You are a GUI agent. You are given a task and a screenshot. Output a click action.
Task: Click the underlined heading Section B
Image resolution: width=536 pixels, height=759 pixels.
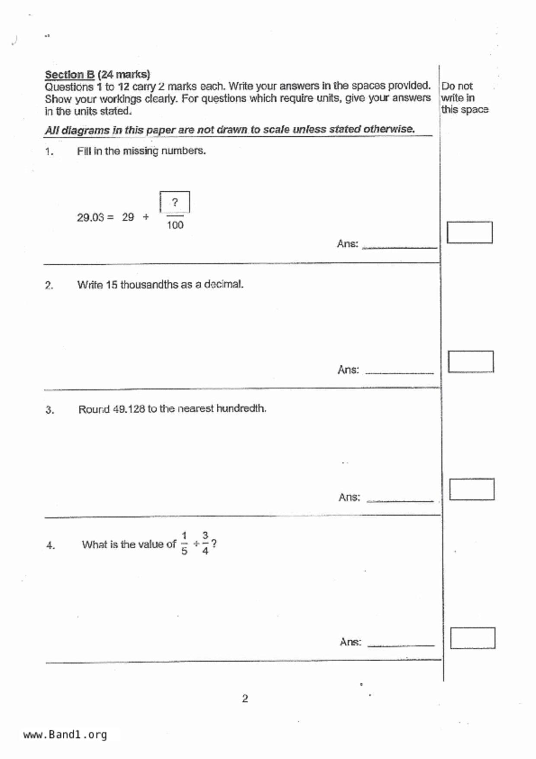[x=70, y=74]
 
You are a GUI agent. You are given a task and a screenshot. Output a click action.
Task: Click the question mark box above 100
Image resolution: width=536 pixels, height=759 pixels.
[x=175, y=202]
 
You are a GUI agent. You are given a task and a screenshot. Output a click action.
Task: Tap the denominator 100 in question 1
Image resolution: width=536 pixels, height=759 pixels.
[x=175, y=225]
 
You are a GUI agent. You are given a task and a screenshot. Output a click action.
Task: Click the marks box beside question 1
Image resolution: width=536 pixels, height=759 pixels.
[x=469, y=232]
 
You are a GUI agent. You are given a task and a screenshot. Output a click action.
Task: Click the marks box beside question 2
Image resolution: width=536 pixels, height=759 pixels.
[x=471, y=362]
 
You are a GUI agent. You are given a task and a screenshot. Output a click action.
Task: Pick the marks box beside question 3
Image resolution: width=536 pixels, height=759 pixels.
[x=472, y=489]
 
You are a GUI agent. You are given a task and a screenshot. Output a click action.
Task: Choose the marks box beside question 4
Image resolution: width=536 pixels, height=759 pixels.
[x=472, y=638]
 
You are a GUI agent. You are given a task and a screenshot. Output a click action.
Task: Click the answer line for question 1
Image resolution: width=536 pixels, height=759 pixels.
[x=399, y=247]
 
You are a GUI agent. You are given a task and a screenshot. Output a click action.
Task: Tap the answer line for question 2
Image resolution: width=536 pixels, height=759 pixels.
[x=399, y=372]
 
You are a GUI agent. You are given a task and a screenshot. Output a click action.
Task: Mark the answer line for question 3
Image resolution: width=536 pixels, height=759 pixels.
[x=400, y=500]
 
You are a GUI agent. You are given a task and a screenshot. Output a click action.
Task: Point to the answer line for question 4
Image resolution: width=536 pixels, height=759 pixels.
[x=401, y=645]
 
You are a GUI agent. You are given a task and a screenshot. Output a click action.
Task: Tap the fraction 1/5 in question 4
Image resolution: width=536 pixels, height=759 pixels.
[x=184, y=544]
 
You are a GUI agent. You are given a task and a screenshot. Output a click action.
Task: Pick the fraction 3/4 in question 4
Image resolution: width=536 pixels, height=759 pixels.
[x=205, y=544]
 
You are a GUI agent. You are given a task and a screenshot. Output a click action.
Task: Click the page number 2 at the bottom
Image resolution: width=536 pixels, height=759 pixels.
[x=245, y=698]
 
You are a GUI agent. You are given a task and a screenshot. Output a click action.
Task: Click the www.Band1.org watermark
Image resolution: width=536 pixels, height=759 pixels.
[x=65, y=734]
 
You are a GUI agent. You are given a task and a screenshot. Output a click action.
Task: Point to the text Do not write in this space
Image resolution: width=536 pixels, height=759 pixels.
[x=464, y=98]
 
